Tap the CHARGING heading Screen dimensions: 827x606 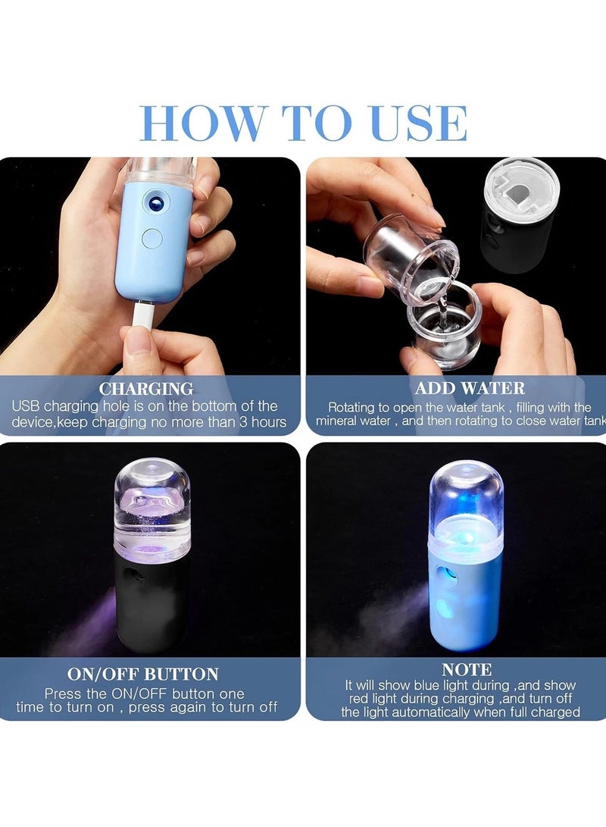[146, 390]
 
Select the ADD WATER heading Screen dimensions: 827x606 [470, 389]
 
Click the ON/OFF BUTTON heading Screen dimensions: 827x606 [143, 674]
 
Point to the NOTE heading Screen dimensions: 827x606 [467, 670]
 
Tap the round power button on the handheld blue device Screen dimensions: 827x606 [152, 238]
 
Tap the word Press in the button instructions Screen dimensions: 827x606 [62, 694]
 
